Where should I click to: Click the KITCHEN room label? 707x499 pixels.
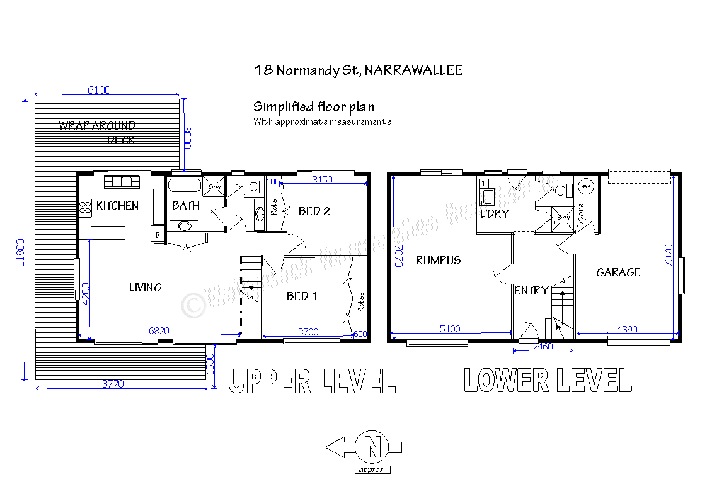(x=117, y=206)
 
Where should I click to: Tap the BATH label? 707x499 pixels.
(x=185, y=206)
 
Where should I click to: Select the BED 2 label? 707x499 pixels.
(x=314, y=211)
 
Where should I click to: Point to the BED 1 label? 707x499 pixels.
(x=302, y=296)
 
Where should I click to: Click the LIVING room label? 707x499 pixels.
(x=145, y=288)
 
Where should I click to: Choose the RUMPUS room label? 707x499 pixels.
(x=438, y=260)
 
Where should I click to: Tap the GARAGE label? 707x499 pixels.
(x=618, y=272)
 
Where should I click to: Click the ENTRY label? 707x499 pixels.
(x=531, y=291)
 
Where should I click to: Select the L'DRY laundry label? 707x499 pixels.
(x=494, y=214)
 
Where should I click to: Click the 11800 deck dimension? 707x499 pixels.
(x=20, y=252)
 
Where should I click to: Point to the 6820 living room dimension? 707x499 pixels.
(x=159, y=330)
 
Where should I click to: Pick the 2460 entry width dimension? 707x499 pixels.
(x=543, y=346)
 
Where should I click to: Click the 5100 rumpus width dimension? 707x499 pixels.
(x=450, y=328)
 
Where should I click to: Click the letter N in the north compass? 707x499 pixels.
(x=372, y=447)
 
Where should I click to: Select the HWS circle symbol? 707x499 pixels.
(x=585, y=187)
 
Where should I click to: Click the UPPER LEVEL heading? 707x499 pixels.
(x=312, y=381)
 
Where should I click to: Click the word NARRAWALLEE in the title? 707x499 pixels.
(x=413, y=70)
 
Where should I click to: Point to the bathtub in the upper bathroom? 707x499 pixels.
(x=185, y=186)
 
